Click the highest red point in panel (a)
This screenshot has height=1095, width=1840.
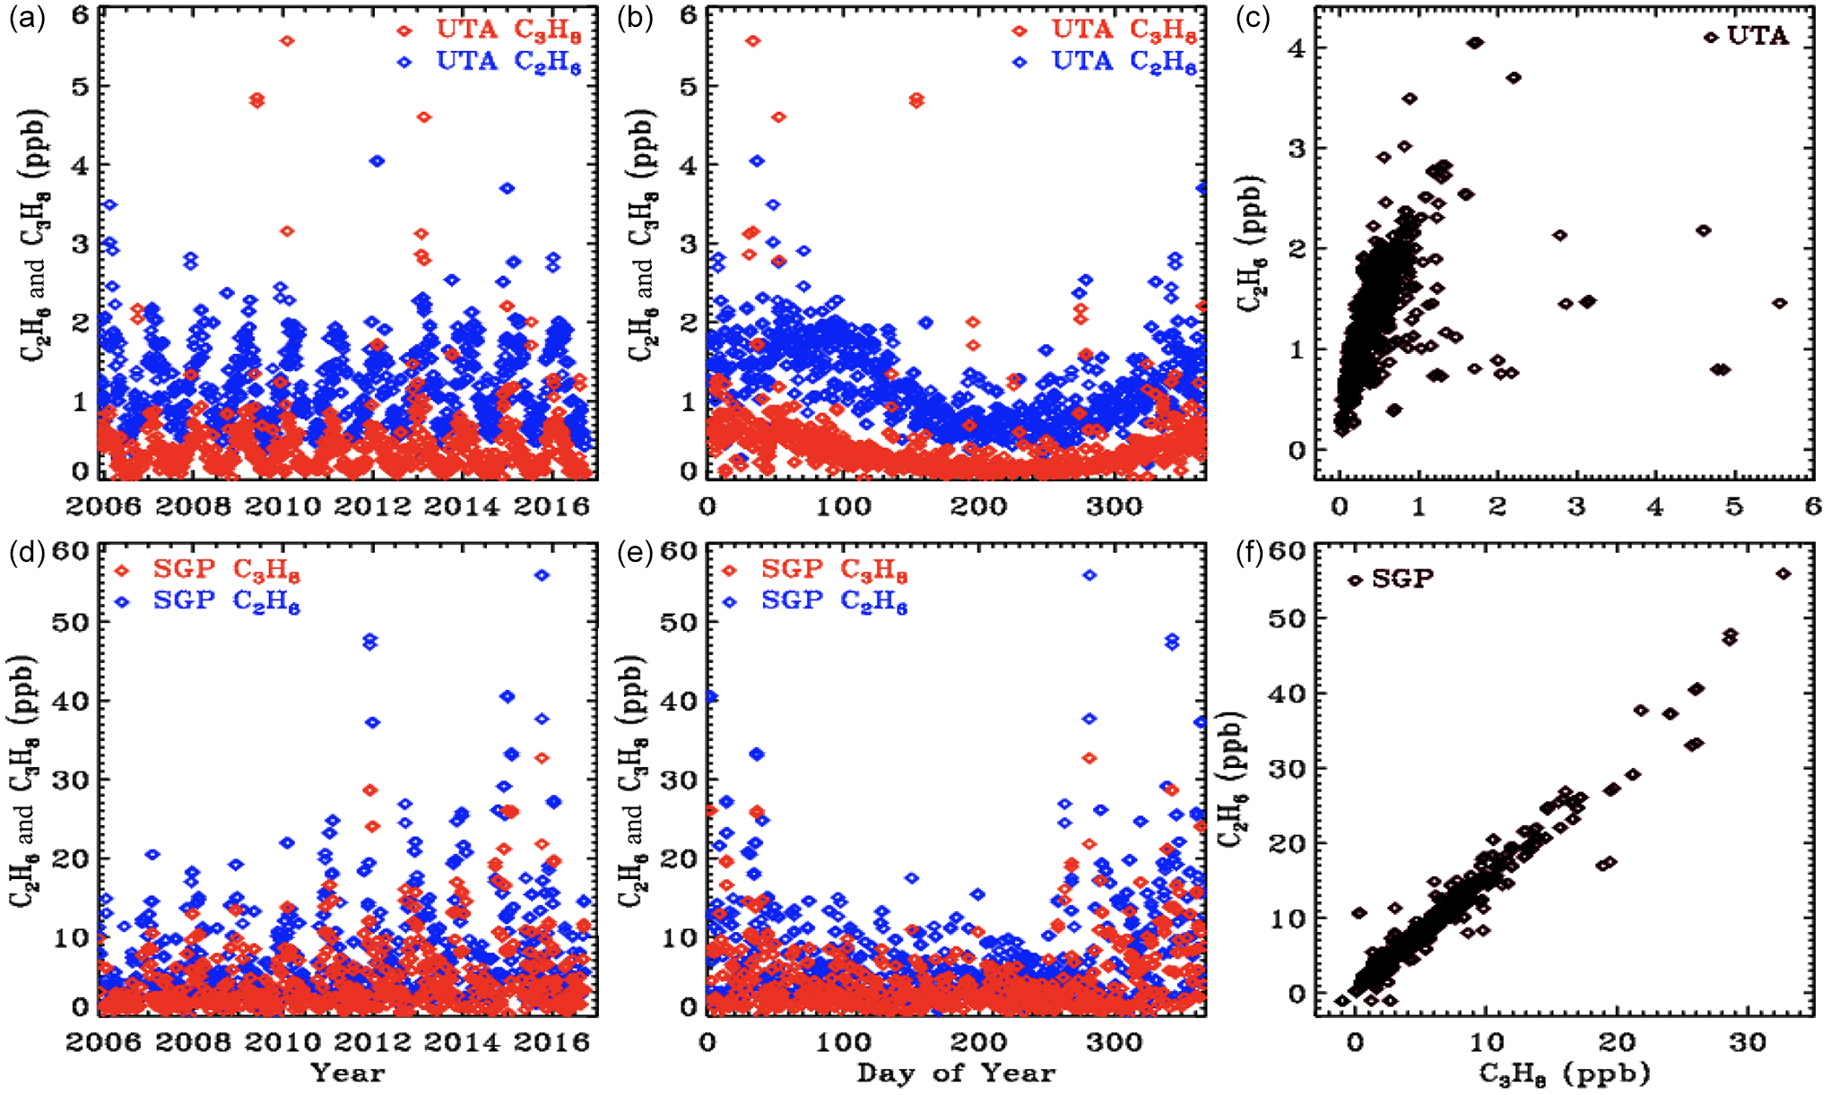pyautogui.click(x=287, y=41)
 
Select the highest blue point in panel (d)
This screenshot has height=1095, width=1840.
pyautogui.click(x=542, y=575)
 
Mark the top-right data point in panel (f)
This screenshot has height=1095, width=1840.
pyautogui.click(x=1784, y=573)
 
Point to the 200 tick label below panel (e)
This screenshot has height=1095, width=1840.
pyautogui.click(x=978, y=1041)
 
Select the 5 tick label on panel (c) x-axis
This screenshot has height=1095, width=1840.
pyautogui.click(x=1734, y=507)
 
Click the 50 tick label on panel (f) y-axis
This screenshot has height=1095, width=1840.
pyautogui.click(x=1286, y=619)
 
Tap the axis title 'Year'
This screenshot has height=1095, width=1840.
pyautogui.click(x=347, y=1073)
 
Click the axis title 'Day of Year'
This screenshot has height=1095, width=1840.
pyautogui.click(x=956, y=1073)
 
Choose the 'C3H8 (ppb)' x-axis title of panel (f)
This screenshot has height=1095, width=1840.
pyautogui.click(x=1564, y=1073)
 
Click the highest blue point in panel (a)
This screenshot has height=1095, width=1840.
pyautogui.click(x=377, y=161)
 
